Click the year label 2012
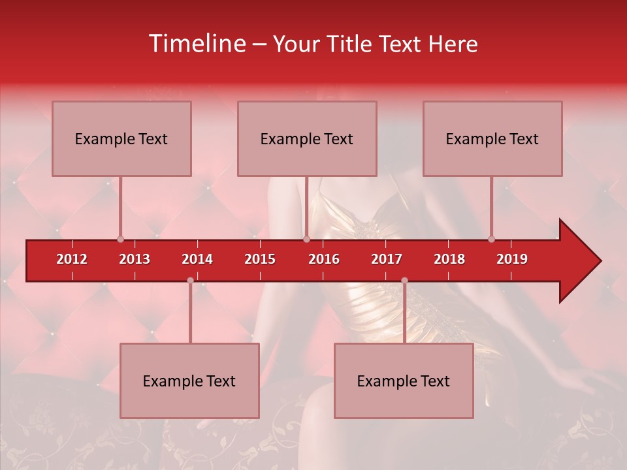pyautogui.click(x=72, y=259)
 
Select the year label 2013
pyautogui.click(x=135, y=259)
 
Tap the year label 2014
pyautogui.click(x=197, y=259)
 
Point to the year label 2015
pyautogui.click(x=260, y=259)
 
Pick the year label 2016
pyautogui.click(x=324, y=259)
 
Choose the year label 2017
pyautogui.click(x=387, y=259)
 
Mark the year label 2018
pyautogui.click(x=449, y=259)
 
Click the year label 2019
pyautogui.click(x=512, y=259)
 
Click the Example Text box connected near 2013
pyautogui.click(x=121, y=138)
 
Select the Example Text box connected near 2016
pyautogui.click(x=307, y=138)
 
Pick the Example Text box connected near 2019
pyautogui.click(x=492, y=138)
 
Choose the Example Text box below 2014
pyautogui.click(x=189, y=381)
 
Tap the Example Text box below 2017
pyautogui.click(x=404, y=381)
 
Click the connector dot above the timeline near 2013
pyautogui.click(x=120, y=240)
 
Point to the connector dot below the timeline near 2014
pyautogui.click(x=190, y=281)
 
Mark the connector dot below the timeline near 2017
pyautogui.click(x=404, y=281)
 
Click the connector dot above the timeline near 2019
pyautogui.click(x=491, y=240)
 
